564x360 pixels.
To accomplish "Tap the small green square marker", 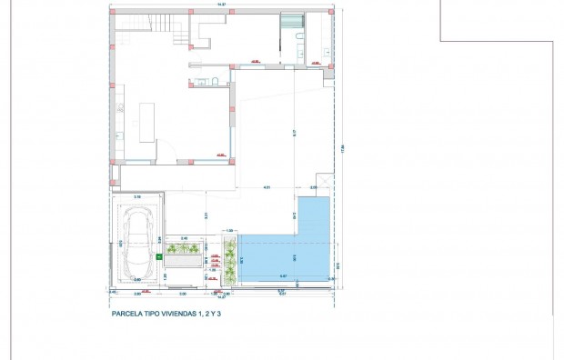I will point(161,258).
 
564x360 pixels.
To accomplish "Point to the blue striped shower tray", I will point(290,25).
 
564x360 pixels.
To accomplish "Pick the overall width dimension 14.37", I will point(221,6).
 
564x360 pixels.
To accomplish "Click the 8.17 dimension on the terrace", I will point(294,133).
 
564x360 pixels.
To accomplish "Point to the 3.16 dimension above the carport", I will point(137,195).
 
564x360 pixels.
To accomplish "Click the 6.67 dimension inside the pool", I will point(283,275).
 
